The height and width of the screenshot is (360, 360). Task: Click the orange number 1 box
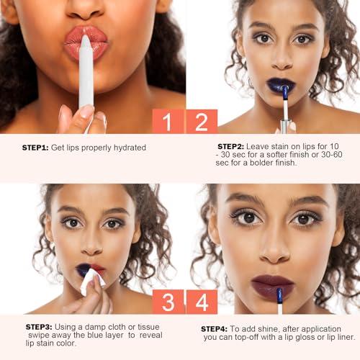(168, 121)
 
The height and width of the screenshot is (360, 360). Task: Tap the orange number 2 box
(202, 121)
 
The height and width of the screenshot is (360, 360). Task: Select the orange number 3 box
(168, 300)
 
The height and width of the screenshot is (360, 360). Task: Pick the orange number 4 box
(202, 300)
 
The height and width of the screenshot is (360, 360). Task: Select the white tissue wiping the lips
(92, 282)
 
